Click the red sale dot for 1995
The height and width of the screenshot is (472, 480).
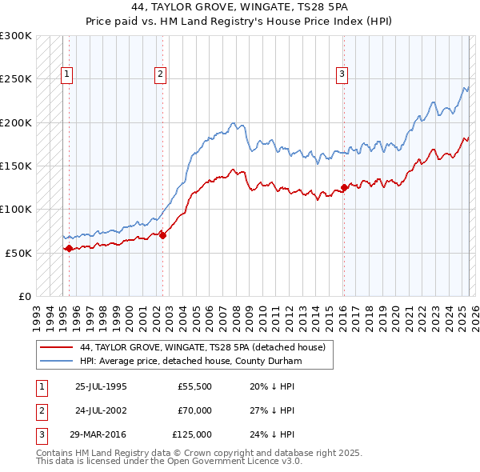69,248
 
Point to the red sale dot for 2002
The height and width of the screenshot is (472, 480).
162,235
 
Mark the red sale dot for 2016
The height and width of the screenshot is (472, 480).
344,188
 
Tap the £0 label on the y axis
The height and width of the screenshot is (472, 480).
23,296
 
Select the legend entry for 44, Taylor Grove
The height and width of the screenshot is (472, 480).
202,348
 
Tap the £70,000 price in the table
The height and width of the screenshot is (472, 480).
194,410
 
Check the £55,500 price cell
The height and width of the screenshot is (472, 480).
194,386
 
